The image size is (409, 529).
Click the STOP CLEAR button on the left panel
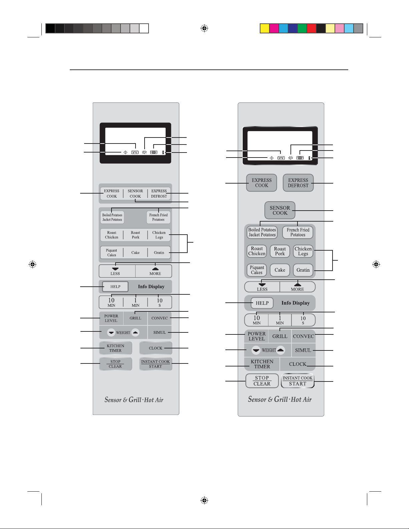coord(116,364)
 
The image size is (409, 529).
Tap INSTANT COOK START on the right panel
coord(297,381)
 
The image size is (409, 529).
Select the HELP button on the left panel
coord(115,287)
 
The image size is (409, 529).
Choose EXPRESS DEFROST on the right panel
coord(298,183)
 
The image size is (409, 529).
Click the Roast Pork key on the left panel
coord(135,235)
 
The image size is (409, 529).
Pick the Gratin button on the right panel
coord(303,270)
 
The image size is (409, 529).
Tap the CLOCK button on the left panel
coord(156,348)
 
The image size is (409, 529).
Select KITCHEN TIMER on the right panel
coord(262,364)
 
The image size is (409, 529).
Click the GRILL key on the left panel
coord(135,318)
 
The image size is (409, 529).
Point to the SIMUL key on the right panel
coord(303,350)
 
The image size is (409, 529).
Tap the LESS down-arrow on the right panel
coord(262,287)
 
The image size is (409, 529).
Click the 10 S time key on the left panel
coord(160,302)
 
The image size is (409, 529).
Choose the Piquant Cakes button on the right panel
coord(257,270)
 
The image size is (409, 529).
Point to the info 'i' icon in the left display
coord(163,152)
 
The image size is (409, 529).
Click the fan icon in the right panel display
coord(290,158)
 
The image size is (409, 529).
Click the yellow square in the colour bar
coord(264,29)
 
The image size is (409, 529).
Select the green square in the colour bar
coord(302,29)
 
